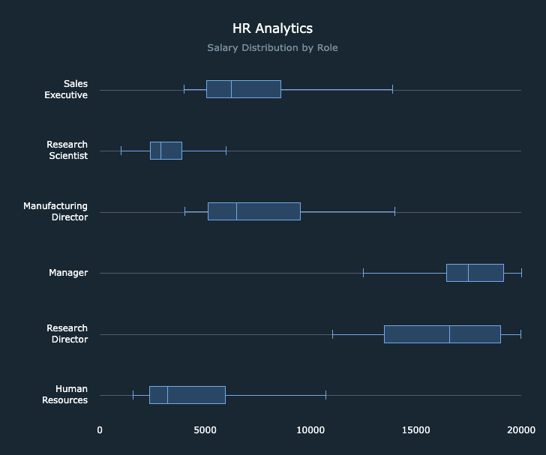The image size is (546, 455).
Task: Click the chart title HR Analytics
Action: (x=272, y=28)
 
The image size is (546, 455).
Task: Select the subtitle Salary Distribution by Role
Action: (x=272, y=48)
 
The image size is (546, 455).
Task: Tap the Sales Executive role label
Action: (x=65, y=89)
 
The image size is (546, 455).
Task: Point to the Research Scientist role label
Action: (x=67, y=150)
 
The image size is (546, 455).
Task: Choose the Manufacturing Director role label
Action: (x=55, y=211)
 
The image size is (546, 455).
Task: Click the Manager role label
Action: (x=68, y=273)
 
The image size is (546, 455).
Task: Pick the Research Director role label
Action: (x=67, y=334)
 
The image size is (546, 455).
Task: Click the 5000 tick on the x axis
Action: (x=205, y=430)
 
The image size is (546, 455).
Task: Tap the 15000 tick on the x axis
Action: (x=415, y=430)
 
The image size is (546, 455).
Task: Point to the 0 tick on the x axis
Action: (x=100, y=430)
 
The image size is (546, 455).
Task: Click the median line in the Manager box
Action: (x=468, y=273)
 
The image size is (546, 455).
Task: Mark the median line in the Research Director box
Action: (x=449, y=334)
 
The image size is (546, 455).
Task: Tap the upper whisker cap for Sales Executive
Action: (x=392, y=89)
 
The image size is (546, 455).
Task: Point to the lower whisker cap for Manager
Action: (x=363, y=273)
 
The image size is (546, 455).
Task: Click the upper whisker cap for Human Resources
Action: (x=325, y=395)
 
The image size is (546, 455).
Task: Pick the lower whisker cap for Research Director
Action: (x=332, y=334)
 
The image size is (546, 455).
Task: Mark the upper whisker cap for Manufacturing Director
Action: (x=394, y=211)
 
